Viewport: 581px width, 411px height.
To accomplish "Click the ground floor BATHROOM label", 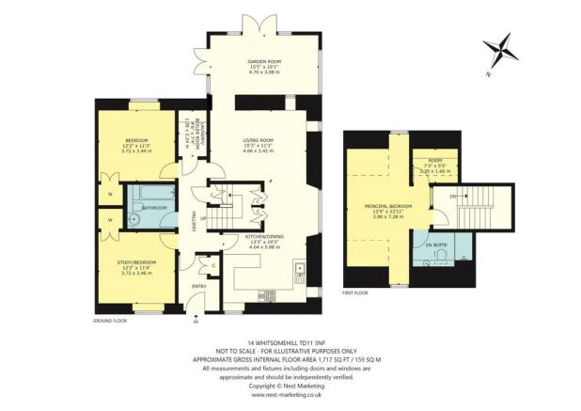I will pyautogui.click(x=154, y=208).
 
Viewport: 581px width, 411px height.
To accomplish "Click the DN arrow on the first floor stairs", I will pyautogui.click(x=454, y=196).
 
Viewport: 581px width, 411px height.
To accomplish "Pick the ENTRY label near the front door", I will pyautogui.click(x=199, y=286).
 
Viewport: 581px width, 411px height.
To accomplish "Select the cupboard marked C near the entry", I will pyautogui.click(x=214, y=265).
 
